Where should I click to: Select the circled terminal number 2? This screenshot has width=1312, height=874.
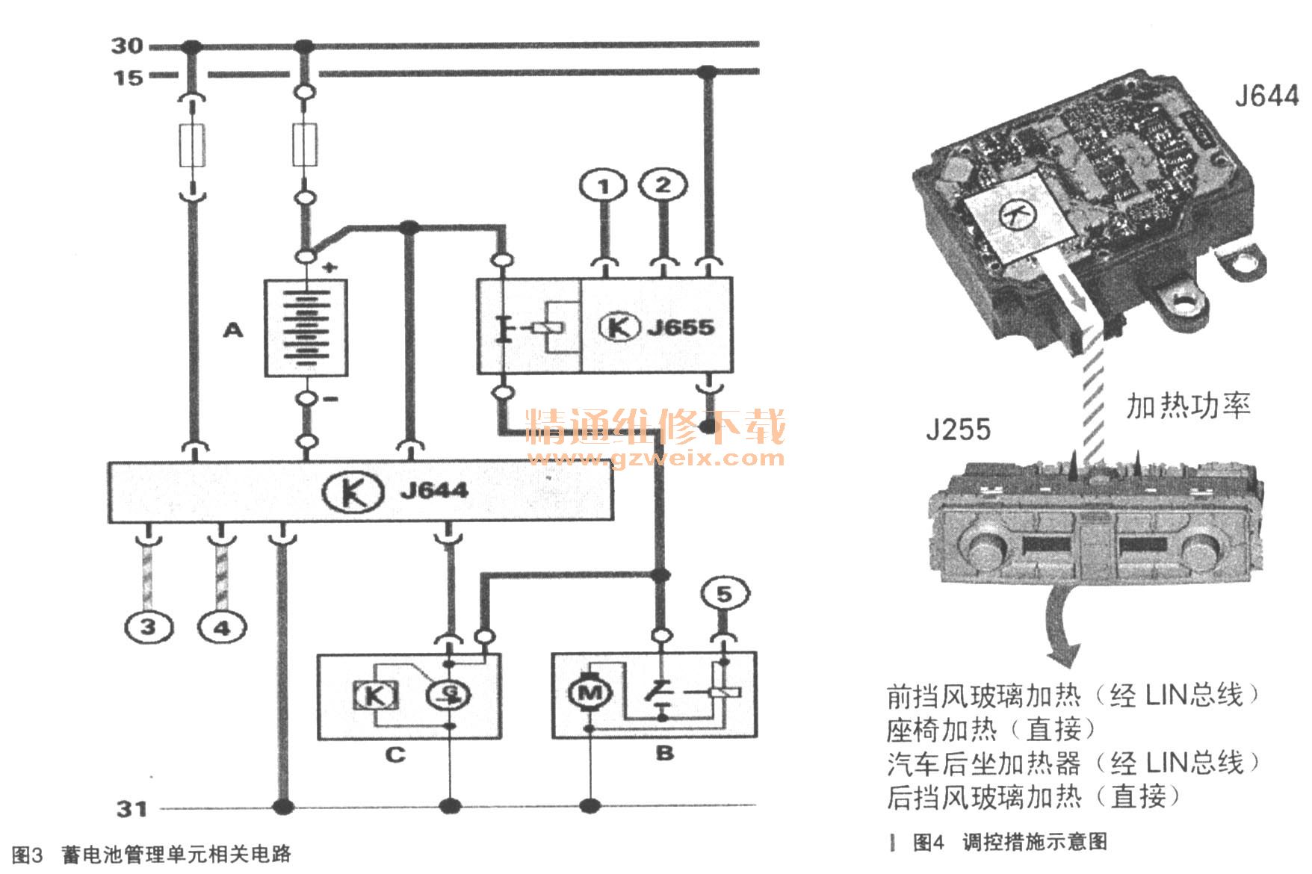click(663, 184)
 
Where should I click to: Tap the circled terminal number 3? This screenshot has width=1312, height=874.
click(148, 626)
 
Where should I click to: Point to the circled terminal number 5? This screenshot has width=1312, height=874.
click(723, 594)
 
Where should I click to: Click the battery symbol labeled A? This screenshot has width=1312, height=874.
click(306, 327)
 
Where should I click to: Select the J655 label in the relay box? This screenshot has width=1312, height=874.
click(680, 327)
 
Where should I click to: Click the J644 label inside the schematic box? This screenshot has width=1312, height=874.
click(434, 491)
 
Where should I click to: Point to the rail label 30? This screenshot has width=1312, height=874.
click(126, 46)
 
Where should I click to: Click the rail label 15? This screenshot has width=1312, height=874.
click(127, 77)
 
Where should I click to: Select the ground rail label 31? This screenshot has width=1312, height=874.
click(131, 808)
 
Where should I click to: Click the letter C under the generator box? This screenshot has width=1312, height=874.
click(394, 754)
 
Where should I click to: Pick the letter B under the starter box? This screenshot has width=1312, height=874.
click(664, 753)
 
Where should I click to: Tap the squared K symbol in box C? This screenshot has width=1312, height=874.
click(374, 695)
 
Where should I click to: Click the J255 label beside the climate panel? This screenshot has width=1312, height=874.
click(958, 430)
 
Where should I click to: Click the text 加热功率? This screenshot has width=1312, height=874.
click(1188, 406)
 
